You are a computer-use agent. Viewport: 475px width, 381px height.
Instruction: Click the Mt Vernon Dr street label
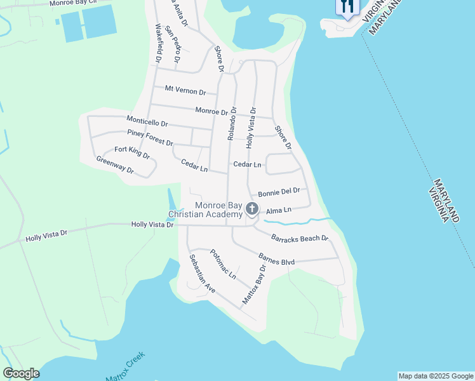pyautogui.click(x=185, y=91)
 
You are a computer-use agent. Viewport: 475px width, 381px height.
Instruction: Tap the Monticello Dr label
pyautogui.click(x=147, y=121)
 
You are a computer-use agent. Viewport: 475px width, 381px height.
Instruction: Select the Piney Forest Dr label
pyautogui.click(x=150, y=137)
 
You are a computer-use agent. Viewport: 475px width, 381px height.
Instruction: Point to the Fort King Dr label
pyautogui.click(x=131, y=152)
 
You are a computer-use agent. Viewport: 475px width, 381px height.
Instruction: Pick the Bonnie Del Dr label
pyautogui.click(x=278, y=192)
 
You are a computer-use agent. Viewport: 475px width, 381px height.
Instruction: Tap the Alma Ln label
pyautogui.click(x=278, y=210)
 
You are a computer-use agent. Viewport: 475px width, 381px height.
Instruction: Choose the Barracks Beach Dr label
pyautogui.click(x=299, y=239)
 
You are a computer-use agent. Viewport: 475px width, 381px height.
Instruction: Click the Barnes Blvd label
pyautogui.click(x=277, y=260)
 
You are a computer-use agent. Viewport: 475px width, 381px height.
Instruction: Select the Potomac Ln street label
pyautogui.click(x=223, y=264)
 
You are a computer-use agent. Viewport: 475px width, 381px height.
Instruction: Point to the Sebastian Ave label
pyautogui.click(x=202, y=274)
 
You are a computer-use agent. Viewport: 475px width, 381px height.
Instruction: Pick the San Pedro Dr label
pyautogui.click(x=173, y=45)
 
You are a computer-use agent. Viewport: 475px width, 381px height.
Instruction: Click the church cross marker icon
pyautogui.click(x=251, y=208)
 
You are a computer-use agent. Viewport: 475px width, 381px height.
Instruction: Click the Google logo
pyautogui.click(x=21, y=373)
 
